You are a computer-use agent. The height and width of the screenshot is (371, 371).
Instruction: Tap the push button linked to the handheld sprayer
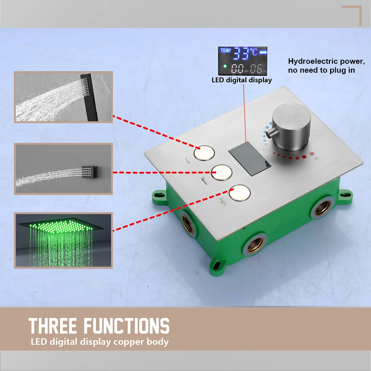tap(204, 153)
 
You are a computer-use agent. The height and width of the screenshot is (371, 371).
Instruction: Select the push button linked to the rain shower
tap(239, 193)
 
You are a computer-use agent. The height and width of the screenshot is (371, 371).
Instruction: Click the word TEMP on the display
tap(226, 50)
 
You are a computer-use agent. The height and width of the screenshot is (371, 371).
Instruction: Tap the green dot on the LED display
tap(225, 66)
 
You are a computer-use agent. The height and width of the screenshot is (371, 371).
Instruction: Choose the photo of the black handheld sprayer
tap(63, 97)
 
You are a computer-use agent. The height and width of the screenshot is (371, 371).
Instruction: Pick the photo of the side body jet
tap(63, 169)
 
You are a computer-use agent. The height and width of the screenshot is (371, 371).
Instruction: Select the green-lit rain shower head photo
tap(63, 240)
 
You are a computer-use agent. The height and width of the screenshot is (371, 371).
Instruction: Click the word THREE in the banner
tap(53, 326)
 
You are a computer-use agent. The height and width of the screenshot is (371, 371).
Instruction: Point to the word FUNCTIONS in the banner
tap(127, 326)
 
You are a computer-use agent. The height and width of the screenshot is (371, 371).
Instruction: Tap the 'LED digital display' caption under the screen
tap(242, 80)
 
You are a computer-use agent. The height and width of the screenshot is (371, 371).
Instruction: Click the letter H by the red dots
tap(316, 158)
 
